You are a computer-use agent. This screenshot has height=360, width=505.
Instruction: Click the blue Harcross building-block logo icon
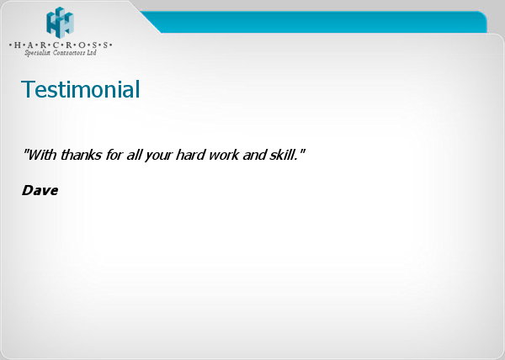(x=61, y=22)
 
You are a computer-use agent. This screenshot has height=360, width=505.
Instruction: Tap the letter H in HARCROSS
(x=18, y=45)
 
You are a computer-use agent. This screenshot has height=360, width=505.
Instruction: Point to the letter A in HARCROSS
(x=30, y=45)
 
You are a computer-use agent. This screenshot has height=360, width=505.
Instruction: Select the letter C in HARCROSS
(x=56, y=45)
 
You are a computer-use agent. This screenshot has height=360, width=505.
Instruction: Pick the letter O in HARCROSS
(x=82, y=45)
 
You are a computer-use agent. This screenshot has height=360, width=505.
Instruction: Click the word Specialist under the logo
(x=37, y=53)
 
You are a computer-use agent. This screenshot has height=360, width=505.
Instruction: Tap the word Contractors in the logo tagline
(x=69, y=53)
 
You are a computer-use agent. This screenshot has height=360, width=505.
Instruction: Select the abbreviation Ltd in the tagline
(x=92, y=52)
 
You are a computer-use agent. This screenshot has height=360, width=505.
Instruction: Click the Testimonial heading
(x=81, y=89)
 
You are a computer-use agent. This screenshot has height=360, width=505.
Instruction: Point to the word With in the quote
(x=41, y=155)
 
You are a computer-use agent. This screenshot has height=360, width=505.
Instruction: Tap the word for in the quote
(x=114, y=155)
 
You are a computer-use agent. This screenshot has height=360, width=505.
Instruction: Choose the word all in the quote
(x=134, y=155)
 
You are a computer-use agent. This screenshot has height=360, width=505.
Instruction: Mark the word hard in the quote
(x=190, y=155)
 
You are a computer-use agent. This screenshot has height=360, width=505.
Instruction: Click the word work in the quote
(x=224, y=155)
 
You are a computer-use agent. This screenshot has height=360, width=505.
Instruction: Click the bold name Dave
(x=40, y=190)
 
